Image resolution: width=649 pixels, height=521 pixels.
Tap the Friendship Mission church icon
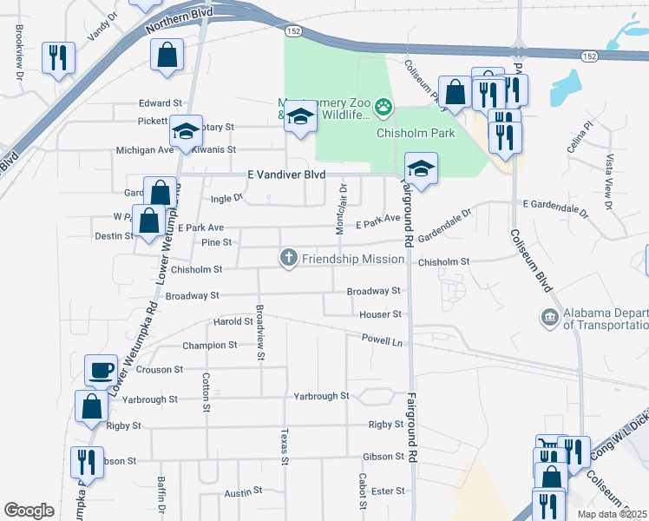pos(288,258)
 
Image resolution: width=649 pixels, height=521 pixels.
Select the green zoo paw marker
pos(383,108)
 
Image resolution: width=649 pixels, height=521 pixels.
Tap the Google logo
pos(29,511)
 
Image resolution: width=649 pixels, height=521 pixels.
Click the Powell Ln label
pos(383,340)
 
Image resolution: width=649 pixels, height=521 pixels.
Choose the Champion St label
pos(210,346)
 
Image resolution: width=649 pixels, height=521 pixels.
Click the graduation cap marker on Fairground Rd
pos(421,168)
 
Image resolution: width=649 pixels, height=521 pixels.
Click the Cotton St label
pos(206,392)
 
